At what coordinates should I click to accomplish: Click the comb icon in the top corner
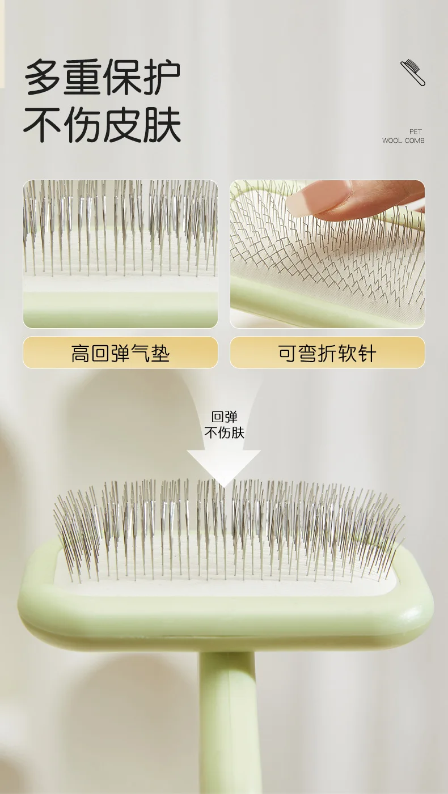(x=413, y=73)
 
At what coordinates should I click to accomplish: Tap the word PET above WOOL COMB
(x=415, y=131)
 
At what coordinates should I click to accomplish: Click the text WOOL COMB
(x=403, y=141)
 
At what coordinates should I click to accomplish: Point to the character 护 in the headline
(x=162, y=77)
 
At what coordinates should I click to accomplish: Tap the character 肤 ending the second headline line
(x=162, y=125)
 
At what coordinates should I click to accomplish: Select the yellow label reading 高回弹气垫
(x=120, y=352)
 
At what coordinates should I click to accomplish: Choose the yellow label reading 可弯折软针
(x=327, y=352)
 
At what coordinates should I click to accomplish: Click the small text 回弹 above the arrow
(x=224, y=417)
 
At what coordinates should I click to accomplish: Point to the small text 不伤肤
(x=224, y=433)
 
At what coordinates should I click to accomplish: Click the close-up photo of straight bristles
(x=120, y=254)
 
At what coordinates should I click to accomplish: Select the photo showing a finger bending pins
(x=327, y=254)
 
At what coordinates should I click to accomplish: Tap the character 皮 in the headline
(x=122, y=125)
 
